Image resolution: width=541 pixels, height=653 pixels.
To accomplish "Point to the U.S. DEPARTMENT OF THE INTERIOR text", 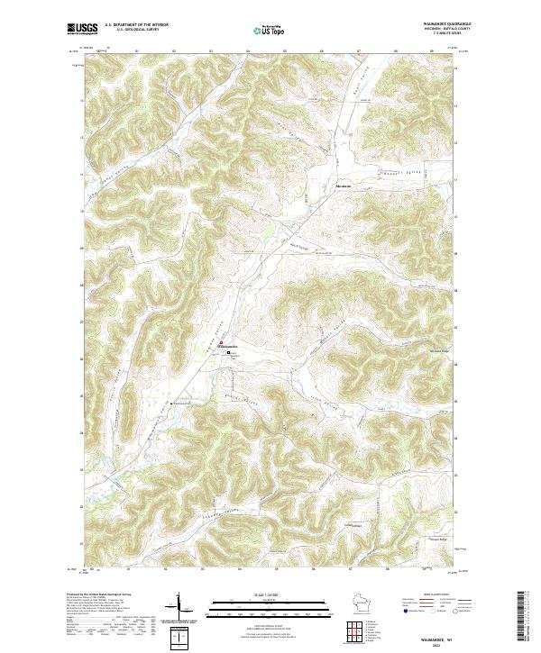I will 136,25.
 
